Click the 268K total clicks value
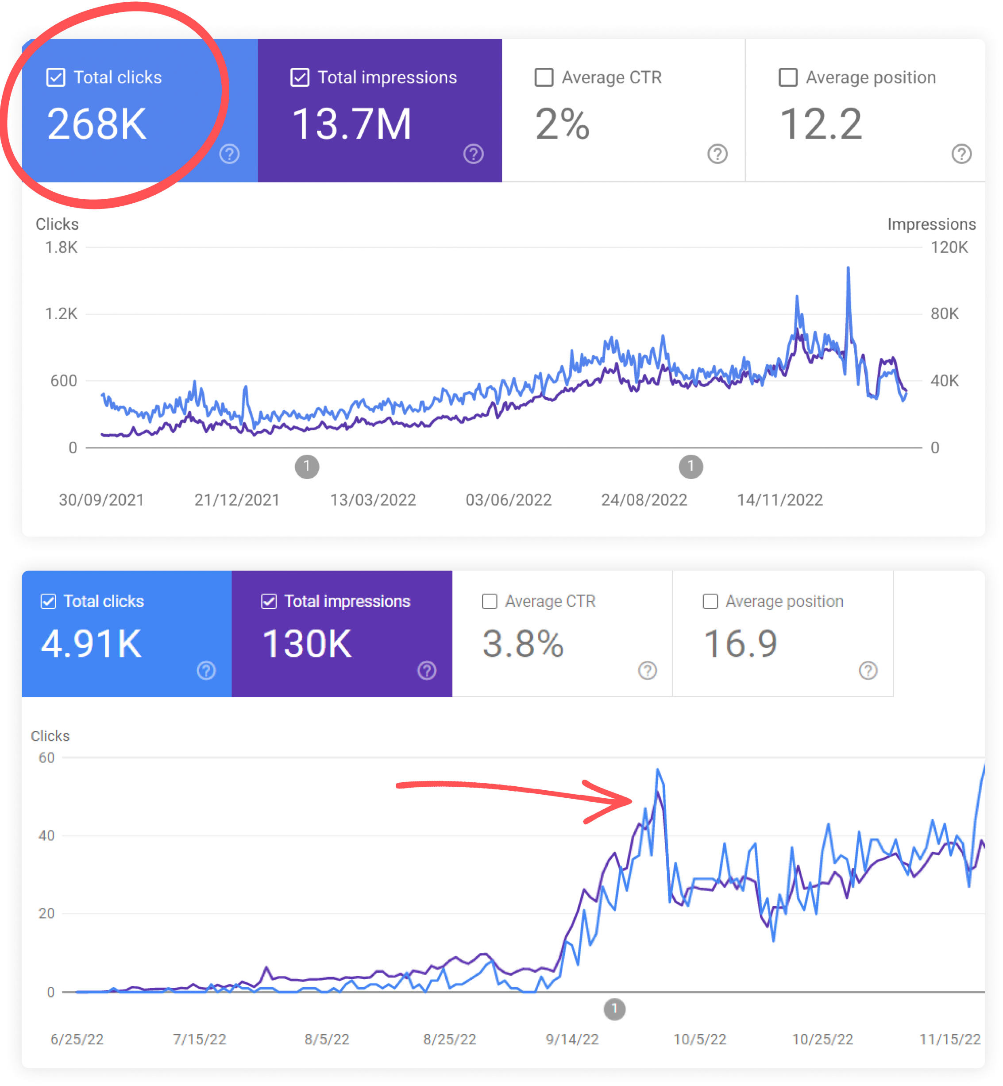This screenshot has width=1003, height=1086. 96,124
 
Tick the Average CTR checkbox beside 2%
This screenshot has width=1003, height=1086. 544,77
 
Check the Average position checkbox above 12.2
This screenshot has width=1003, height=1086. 787,77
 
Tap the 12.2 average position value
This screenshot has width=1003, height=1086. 820,124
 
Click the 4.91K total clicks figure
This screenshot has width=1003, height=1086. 91,644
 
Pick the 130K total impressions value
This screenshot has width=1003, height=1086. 307,644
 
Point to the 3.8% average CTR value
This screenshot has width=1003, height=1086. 523,644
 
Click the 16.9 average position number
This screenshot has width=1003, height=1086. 741,644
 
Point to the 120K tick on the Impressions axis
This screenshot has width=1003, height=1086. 949,247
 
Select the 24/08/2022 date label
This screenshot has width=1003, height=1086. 644,500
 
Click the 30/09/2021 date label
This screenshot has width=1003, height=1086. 101,500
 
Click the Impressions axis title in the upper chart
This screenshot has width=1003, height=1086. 931,224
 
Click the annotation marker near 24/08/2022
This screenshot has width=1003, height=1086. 691,466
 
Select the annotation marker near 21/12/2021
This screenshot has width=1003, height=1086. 307,466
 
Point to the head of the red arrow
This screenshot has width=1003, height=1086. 629,800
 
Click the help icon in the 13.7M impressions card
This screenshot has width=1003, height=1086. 473,154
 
